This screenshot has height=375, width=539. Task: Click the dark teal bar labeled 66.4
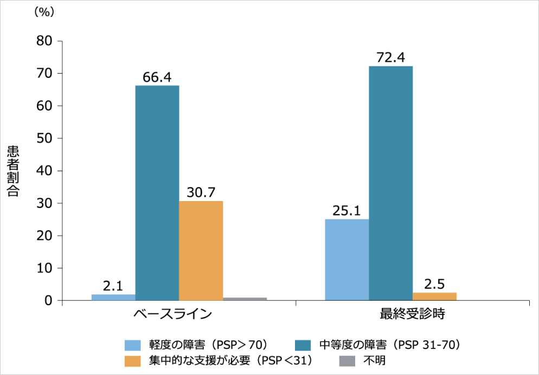(x=157, y=192)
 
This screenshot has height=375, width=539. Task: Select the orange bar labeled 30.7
(x=201, y=250)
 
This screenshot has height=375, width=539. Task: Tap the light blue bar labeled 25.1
(x=347, y=260)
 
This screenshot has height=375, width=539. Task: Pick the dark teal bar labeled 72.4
(x=390, y=183)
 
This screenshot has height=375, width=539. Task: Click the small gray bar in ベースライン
(x=245, y=299)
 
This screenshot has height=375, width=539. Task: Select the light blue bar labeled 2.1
(x=113, y=298)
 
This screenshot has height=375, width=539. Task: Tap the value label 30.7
(x=201, y=192)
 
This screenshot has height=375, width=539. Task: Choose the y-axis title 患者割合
(x=14, y=171)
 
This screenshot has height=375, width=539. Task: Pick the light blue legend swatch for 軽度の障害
(x=133, y=345)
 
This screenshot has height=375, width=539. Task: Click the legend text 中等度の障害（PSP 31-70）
(x=390, y=345)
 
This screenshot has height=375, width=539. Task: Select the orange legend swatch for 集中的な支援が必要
(x=133, y=360)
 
